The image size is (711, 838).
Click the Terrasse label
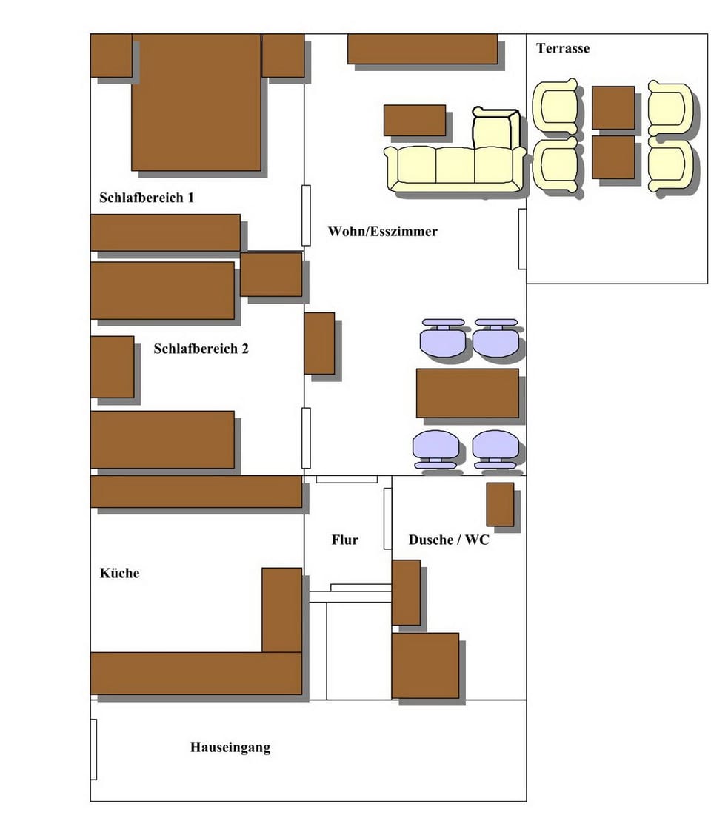(x=563, y=49)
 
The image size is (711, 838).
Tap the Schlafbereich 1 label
(x=147, y=198)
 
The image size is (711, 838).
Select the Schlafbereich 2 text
(x=201, y=349)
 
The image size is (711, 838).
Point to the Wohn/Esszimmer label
(x=382, y=232)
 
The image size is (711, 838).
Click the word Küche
(x=119, y=574)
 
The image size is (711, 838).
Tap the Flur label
(x=344, y=540)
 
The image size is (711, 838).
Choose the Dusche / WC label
(x=449, y=540)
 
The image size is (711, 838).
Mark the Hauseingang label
(x=230, y=748)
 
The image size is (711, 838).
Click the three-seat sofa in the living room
(x=455, y=167)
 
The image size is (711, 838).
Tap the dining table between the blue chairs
(x=467, y=393)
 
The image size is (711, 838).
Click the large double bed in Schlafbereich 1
(x=196, y=102)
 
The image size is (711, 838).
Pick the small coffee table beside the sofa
(x=414, y=121)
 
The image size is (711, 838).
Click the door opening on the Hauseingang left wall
(x=93, y=748)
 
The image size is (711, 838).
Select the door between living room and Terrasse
(x=522, y=239)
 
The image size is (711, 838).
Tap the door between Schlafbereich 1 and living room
(x=306, y=215)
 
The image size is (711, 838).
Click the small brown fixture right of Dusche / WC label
(x=500, y=504)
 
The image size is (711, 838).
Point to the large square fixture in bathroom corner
(x=425, y=666)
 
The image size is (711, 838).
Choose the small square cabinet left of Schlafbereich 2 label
(x=113, y=366)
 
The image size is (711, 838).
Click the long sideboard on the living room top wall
(x=422, y=49)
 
